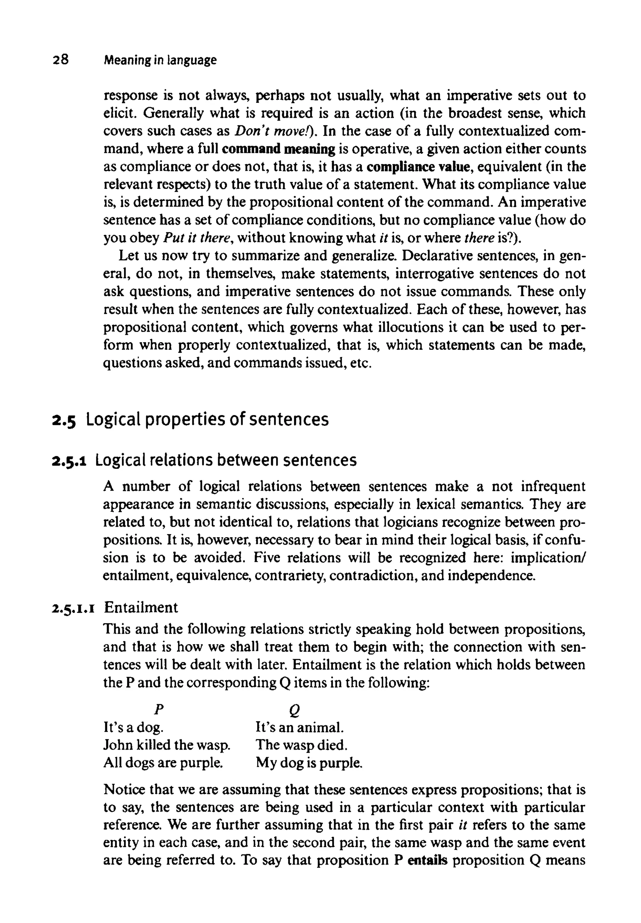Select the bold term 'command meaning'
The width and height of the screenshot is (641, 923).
pos(278,149)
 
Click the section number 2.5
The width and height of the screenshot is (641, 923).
pos(64,420)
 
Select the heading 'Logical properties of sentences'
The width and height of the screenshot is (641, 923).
pos(207,420)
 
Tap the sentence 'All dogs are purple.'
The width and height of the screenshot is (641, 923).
pos(163,762)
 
